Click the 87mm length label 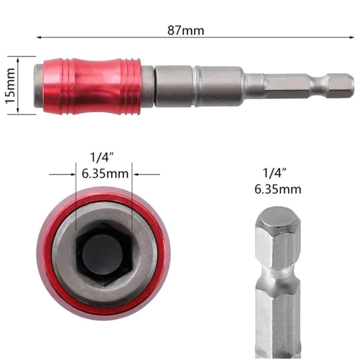(x=185, y=31)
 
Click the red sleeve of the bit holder (x=92, y=85)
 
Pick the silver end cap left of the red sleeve (x=39, y=85)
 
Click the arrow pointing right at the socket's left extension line (x=72, y=175)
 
